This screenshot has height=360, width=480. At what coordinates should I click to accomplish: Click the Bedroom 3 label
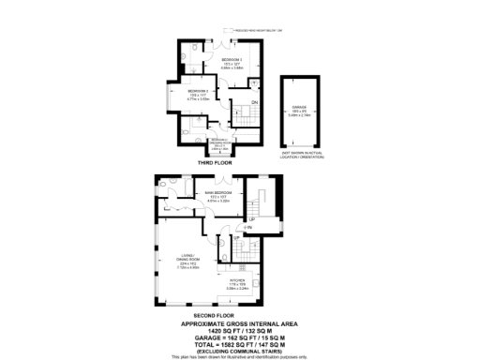click(x=220, y=58)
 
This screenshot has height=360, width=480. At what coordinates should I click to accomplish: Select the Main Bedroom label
click(x=217, y=194)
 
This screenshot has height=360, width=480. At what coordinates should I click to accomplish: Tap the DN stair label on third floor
click(x=254, y=103)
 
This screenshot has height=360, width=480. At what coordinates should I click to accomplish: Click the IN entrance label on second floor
click(x=248, y=228)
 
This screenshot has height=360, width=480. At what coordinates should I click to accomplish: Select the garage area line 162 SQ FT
click(x=240, y=338)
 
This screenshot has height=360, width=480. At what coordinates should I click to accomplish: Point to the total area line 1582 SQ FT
click(x=240, y=345)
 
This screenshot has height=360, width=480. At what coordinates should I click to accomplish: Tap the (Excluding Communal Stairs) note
click(x=240, y=352)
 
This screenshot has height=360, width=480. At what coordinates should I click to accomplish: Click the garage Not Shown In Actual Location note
click(x=300, y=153)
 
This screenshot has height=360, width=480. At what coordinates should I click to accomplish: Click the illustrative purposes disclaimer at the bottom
click(x=240, y=357)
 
